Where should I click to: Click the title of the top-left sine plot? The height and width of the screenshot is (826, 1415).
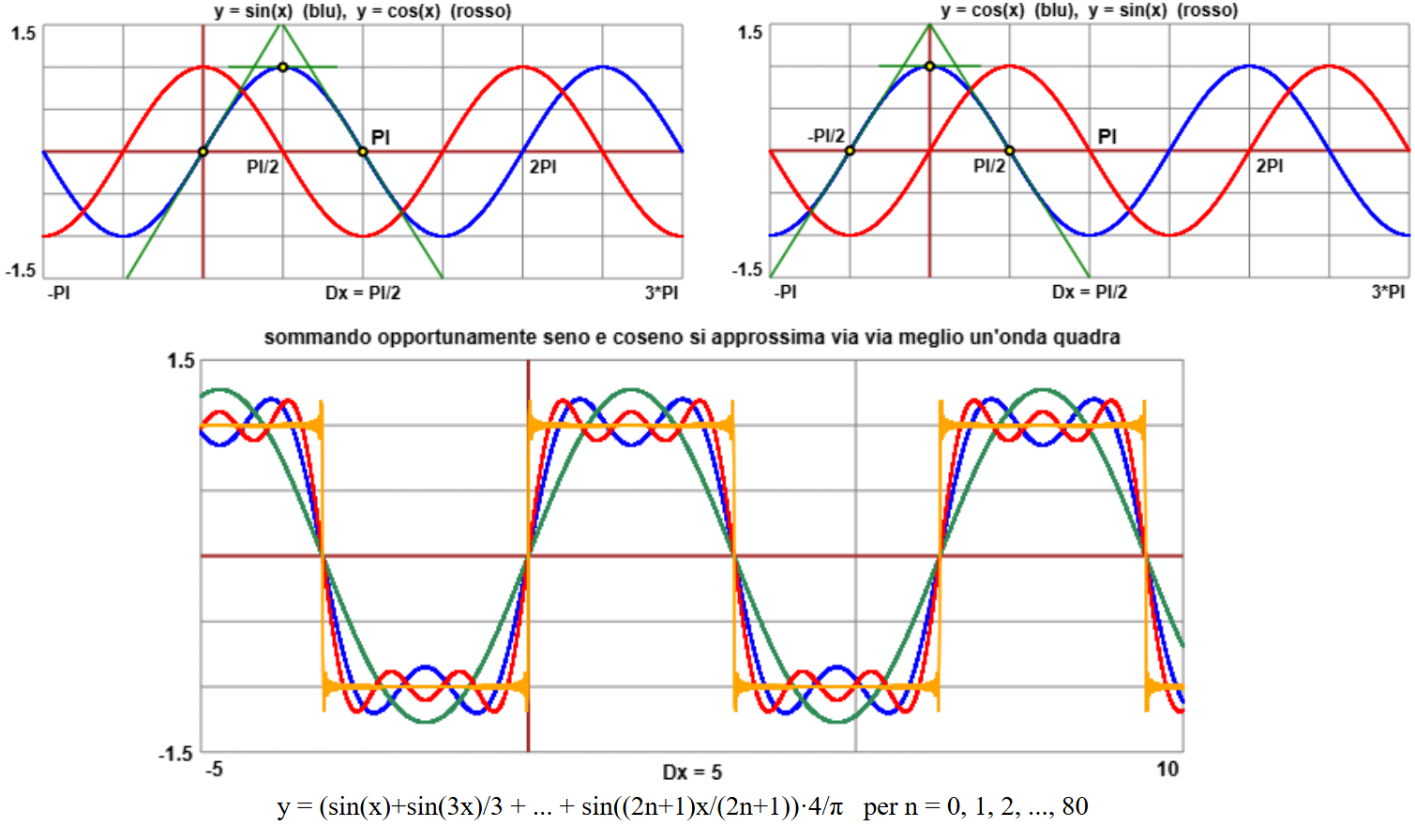(x=363, y=11)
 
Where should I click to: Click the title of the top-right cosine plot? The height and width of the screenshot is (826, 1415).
(x=1089, y=10)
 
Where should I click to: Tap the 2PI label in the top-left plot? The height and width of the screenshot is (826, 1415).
(x=543, y=167)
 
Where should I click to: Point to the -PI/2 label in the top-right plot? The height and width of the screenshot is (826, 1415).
(x=826, y=136)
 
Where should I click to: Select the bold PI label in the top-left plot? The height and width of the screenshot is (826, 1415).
(x=381, y=137)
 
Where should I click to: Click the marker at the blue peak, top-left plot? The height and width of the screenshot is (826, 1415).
(x=283, y=67)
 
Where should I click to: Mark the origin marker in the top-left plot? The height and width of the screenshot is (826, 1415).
(x=203, y=152)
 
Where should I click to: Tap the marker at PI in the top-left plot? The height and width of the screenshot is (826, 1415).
(x=363, y=152)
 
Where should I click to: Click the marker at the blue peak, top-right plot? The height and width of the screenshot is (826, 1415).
(x=929, y=66)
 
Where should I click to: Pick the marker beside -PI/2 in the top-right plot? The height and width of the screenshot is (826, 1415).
(x=850, y=151)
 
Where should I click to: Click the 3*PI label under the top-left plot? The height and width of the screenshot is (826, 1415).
(x=661, y=293)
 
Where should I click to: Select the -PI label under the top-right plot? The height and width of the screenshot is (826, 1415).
(x=785, y=293)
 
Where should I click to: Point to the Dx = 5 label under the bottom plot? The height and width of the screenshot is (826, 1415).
(x=692, y=772)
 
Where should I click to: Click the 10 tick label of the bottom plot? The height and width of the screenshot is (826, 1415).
(x=1167, y=769)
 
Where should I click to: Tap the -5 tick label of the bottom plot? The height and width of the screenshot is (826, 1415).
(x=214, y=769)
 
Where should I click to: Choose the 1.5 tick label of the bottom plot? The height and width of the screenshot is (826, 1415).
(x=181, y=361)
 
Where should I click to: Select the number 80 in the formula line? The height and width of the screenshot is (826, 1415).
(x=1076, y=806)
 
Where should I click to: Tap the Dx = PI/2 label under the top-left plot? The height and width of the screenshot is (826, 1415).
(x=363, y=293)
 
